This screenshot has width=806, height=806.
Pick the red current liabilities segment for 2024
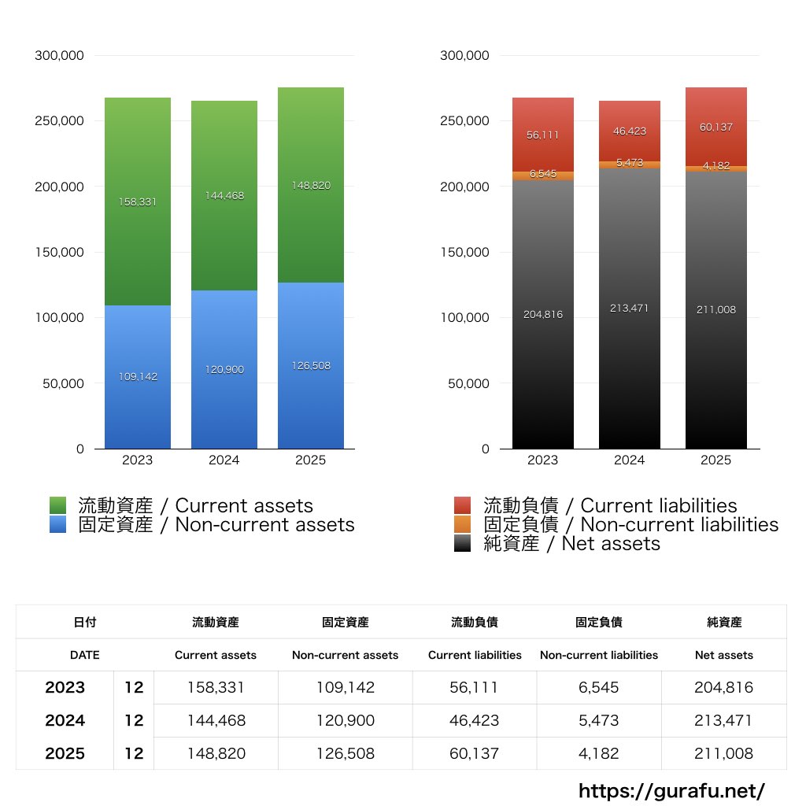pyautogui.click(x=630, y=131)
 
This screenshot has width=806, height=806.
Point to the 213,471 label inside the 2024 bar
pyautogui.click(x=630, y=308)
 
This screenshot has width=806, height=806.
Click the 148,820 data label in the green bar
pyautogui.click(x=311, y=186)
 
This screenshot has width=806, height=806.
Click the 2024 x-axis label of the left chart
pyautogui.click(x=224, y=460)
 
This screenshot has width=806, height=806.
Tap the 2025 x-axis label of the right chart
pyautogui.click(x=715, y=460)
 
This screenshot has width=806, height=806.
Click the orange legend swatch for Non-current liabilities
pyautogui.click(x=463, y=524)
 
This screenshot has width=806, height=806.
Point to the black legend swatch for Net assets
pyautogui.click(x=463, y=543)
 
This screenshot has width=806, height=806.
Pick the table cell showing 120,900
pyautogui.click(x=345, y=720)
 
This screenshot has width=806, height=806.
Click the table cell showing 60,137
pyautogui.click(x=475, y=753)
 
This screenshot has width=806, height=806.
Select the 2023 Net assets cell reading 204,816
pyautogui.click(x=723, y=687)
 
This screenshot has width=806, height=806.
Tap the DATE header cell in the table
pyautogui.click(x=84, y=655)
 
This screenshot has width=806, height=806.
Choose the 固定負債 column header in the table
pyautogui.click(x=599, y=622)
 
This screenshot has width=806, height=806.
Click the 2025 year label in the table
pyautogui.click(x=65, y=753)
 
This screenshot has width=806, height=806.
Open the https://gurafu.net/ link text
pyautogui.click(x=671, y=790)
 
